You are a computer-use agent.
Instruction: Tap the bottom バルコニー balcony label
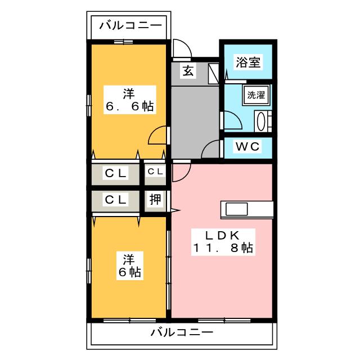click(x=181, y=332)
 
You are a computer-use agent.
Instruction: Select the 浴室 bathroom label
click(x=248, y=62)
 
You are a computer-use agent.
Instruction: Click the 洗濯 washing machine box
click(x=256, y=94)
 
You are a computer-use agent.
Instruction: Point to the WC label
click(x=247, y=147)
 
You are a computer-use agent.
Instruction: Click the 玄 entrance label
click(x=188, y=71)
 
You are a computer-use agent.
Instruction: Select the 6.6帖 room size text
click(x=130, y=106)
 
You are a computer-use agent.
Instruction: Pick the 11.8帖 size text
click(x=223, y=248)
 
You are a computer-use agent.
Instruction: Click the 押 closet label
click(x=155, y=199)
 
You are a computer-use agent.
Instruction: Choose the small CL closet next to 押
click(x=155, y=172)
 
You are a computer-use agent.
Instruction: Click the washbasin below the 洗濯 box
click(x=262, y=121)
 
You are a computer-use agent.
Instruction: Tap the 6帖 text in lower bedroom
click(x=130, y=273)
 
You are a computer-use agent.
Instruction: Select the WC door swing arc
click(x=211, y=149)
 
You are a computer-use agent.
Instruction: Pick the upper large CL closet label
click(x=116, y=173)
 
